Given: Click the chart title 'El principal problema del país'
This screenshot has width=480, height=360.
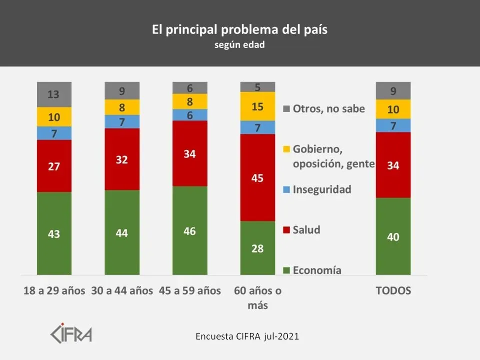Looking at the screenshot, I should click(x=239, y=29).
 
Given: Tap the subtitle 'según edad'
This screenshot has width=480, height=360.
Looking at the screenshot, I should click(x=239, y=44).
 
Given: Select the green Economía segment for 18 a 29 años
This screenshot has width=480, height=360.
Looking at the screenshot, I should click(x=54, y=233).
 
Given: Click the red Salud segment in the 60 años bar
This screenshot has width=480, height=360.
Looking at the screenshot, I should click(x=258, y=177).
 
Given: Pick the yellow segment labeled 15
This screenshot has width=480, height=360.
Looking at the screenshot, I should click(x=258, y=106).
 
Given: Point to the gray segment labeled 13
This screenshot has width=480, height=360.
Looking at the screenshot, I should click(x=54, y=94).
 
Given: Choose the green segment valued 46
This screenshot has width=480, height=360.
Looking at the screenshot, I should click(x=190, y=230).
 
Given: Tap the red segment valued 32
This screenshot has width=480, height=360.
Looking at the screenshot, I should click(x=122, y=159).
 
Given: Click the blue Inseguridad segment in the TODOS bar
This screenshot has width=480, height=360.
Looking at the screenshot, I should click(x=393, y=125).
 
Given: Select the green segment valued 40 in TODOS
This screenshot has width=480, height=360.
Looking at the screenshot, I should click(x=393, y=236).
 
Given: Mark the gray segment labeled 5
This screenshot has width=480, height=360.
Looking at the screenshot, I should click(x=258, y=87).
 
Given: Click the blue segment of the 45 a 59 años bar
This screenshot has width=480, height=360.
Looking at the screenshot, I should click(x=190, y=114).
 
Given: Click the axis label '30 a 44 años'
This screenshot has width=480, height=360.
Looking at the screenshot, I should click(x=122, y=291).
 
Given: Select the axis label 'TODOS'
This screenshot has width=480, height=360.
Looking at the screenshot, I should click(x=393, y=291).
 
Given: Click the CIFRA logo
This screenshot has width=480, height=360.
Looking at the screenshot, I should click(x=71, y=333).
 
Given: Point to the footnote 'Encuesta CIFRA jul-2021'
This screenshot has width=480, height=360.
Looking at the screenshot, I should click(x=247, y=336).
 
